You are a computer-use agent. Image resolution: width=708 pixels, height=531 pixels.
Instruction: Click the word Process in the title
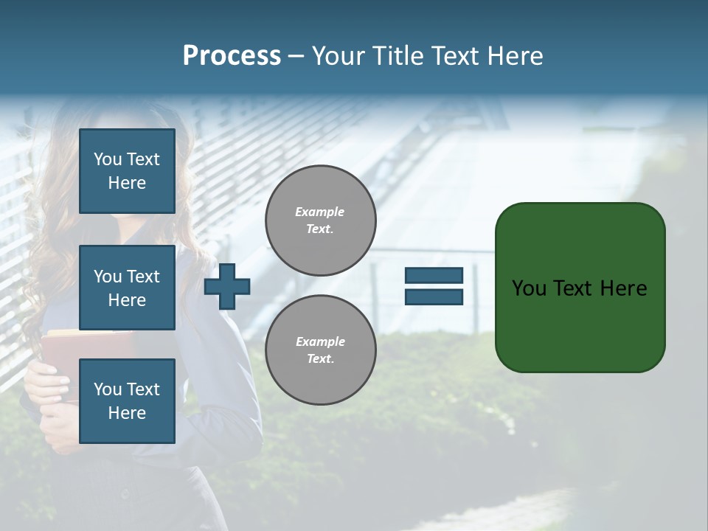pos(232,56)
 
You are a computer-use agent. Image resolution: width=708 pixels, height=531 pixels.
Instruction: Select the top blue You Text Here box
pos(127,171)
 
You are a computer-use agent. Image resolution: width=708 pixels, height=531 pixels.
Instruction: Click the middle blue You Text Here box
pos(127,288)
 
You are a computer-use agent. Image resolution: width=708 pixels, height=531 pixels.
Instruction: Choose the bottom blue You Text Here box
pos(127,401)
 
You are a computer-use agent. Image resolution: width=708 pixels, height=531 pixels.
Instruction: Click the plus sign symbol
pos(227,286)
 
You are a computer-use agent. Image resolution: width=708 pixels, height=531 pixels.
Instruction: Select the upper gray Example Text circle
pos(320,221)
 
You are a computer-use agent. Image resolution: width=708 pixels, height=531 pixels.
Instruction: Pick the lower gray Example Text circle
pos(320,350)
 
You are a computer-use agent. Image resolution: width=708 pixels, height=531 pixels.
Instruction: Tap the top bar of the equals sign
pos(434,276)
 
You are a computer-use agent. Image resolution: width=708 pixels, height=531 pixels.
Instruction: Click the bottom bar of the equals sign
pos(434,296)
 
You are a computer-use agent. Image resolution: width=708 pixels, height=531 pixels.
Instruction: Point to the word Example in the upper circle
pos(320,212)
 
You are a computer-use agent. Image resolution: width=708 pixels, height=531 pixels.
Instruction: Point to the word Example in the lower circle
pos(320,341)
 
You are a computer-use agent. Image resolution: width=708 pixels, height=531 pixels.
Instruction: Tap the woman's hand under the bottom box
pos(52,428)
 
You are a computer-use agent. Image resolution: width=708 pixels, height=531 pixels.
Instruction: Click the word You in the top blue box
pos(108,159)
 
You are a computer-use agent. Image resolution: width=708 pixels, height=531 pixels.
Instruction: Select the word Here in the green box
pos(624,288)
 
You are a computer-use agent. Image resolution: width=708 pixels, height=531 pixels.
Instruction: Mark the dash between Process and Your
pos(296,56)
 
